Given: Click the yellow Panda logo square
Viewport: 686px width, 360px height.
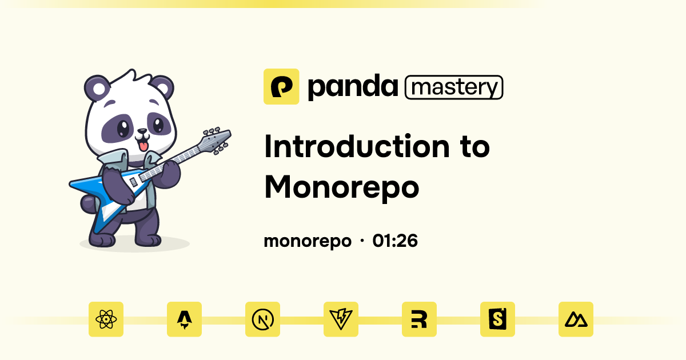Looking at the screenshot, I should (x=281, y=87).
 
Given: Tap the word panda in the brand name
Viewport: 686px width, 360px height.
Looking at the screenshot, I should (x=352, y=87).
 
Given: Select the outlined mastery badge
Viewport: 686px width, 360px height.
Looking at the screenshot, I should (x=454, y=87).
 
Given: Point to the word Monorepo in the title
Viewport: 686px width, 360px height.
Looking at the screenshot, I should (x=341, y=187).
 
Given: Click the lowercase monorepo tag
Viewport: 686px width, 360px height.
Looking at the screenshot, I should (x=307, y=241).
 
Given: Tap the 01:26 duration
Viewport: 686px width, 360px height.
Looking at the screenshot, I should (x=395, y=241).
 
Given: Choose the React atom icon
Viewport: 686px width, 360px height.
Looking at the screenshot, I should (x=106, y=319).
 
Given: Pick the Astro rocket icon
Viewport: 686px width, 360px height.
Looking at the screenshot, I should (x=184, y=319).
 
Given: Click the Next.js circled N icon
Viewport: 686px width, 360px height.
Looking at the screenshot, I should (x=262, y=319).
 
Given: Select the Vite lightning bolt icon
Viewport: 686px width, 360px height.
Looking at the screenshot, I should (x=341, y=319).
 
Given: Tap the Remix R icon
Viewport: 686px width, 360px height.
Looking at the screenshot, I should (x=419, y=319).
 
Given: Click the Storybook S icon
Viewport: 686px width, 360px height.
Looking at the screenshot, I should (x=497, y=319).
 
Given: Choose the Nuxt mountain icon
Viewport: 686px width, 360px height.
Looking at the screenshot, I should (x=576, y=319).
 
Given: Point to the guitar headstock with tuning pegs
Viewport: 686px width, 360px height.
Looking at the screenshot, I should (x=216, y=138).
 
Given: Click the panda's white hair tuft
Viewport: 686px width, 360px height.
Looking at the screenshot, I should (x=130, y=78).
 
